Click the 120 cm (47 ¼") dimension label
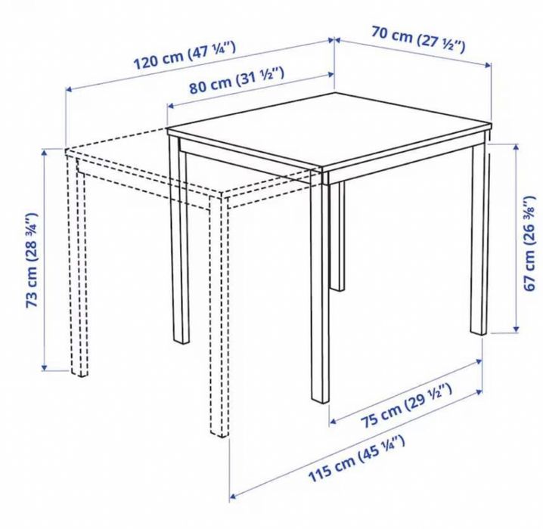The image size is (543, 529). [186, 56]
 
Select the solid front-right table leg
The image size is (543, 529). [320, 295]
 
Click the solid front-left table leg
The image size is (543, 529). [180, 249]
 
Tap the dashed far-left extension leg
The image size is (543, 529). [78, 272]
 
